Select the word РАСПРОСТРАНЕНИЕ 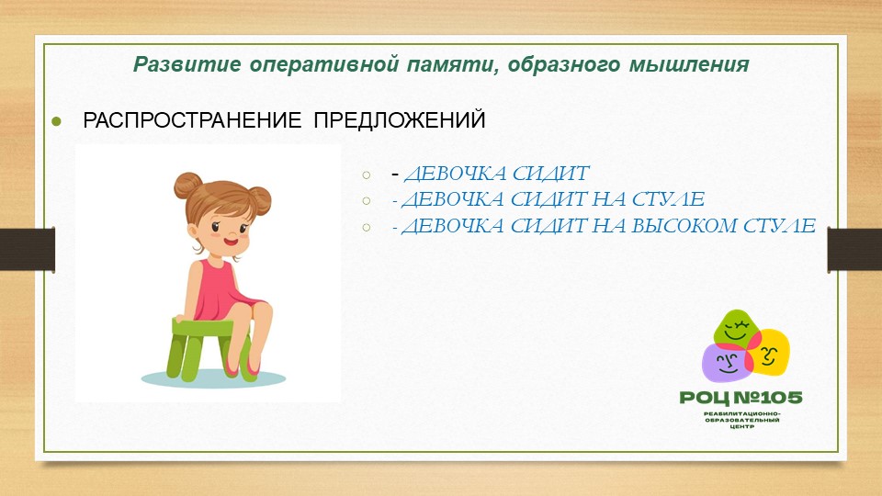[x=192, y=120]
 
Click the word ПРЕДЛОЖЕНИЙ [x=400, y=120]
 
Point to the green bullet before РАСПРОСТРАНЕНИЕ [x=56, y=121]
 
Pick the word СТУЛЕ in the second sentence [x=668, y=198]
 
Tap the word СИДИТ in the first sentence [x=550, y=174]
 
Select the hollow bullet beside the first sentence [x=367, y=175]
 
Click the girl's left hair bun [x=187, y=186]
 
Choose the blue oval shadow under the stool [x=213, y=378]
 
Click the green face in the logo [x=736, y=328]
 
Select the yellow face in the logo [x=771, y=353]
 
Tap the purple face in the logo [x=727, y=363]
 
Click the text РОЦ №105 [x=741, y=398]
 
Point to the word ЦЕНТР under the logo [x=741, y=427]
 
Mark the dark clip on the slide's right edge [x=854, y=250]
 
